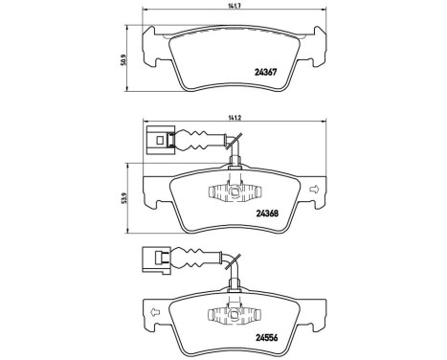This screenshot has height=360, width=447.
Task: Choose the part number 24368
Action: click(x=266, y=214)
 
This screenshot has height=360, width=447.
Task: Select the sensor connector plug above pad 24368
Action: click(x=156, y=137)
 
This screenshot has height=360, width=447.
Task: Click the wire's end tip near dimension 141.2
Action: click(x=231, y=143)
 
